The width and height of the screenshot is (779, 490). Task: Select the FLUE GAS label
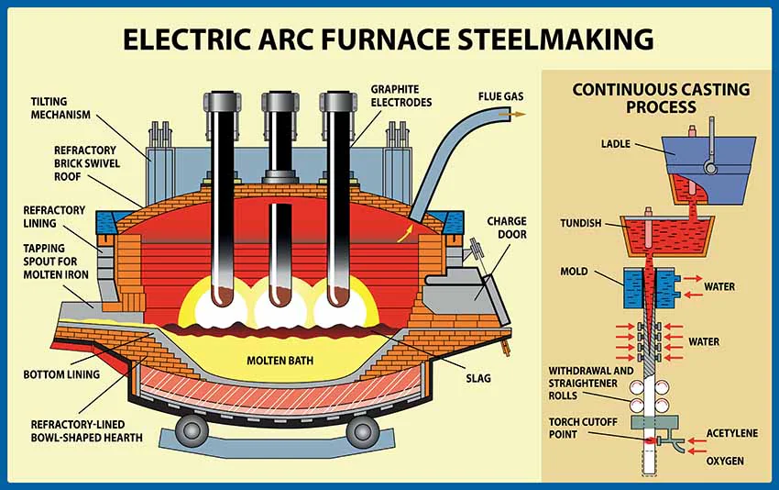[500, 95]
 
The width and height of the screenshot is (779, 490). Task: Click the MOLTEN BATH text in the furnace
[280, 360]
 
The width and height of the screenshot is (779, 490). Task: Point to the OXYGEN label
[725, 460]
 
